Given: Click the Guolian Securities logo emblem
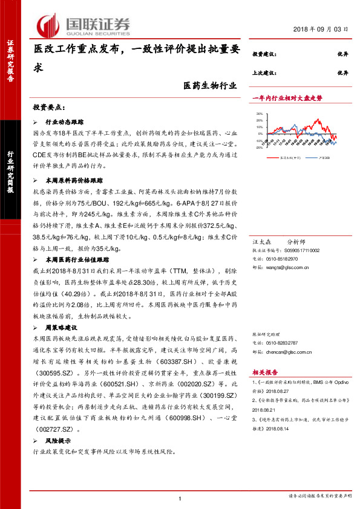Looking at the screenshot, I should pyautogui.click(x=48, y=25).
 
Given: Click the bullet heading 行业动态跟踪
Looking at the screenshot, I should pyautogui.click(x=64, y=122).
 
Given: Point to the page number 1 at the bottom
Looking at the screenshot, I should pyautogui.click(x=180, y=498).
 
